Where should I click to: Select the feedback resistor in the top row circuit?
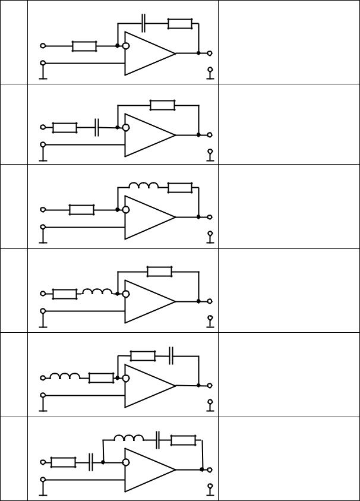tap(179, 24)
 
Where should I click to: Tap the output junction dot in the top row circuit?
tap(198, 53)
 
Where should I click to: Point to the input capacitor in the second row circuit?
tap(97, 127)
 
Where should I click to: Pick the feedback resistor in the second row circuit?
tap(162, 105)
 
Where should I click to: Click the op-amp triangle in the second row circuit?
tap(149, 135)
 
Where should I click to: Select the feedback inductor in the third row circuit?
tap(144, 187)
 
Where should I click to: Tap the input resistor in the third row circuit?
tap(82, 209)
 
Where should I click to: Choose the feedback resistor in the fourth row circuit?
tap(160, 272)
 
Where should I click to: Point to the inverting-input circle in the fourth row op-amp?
tap(126, 294)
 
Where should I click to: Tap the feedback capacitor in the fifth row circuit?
tap(171, 356)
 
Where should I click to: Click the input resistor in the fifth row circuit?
tap(101, 378)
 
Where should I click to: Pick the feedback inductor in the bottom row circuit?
tap(129, 439)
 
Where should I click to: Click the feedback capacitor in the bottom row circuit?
tap(159, 440)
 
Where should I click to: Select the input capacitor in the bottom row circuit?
tap(91, 462)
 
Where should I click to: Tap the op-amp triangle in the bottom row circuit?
tap(149, 470)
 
